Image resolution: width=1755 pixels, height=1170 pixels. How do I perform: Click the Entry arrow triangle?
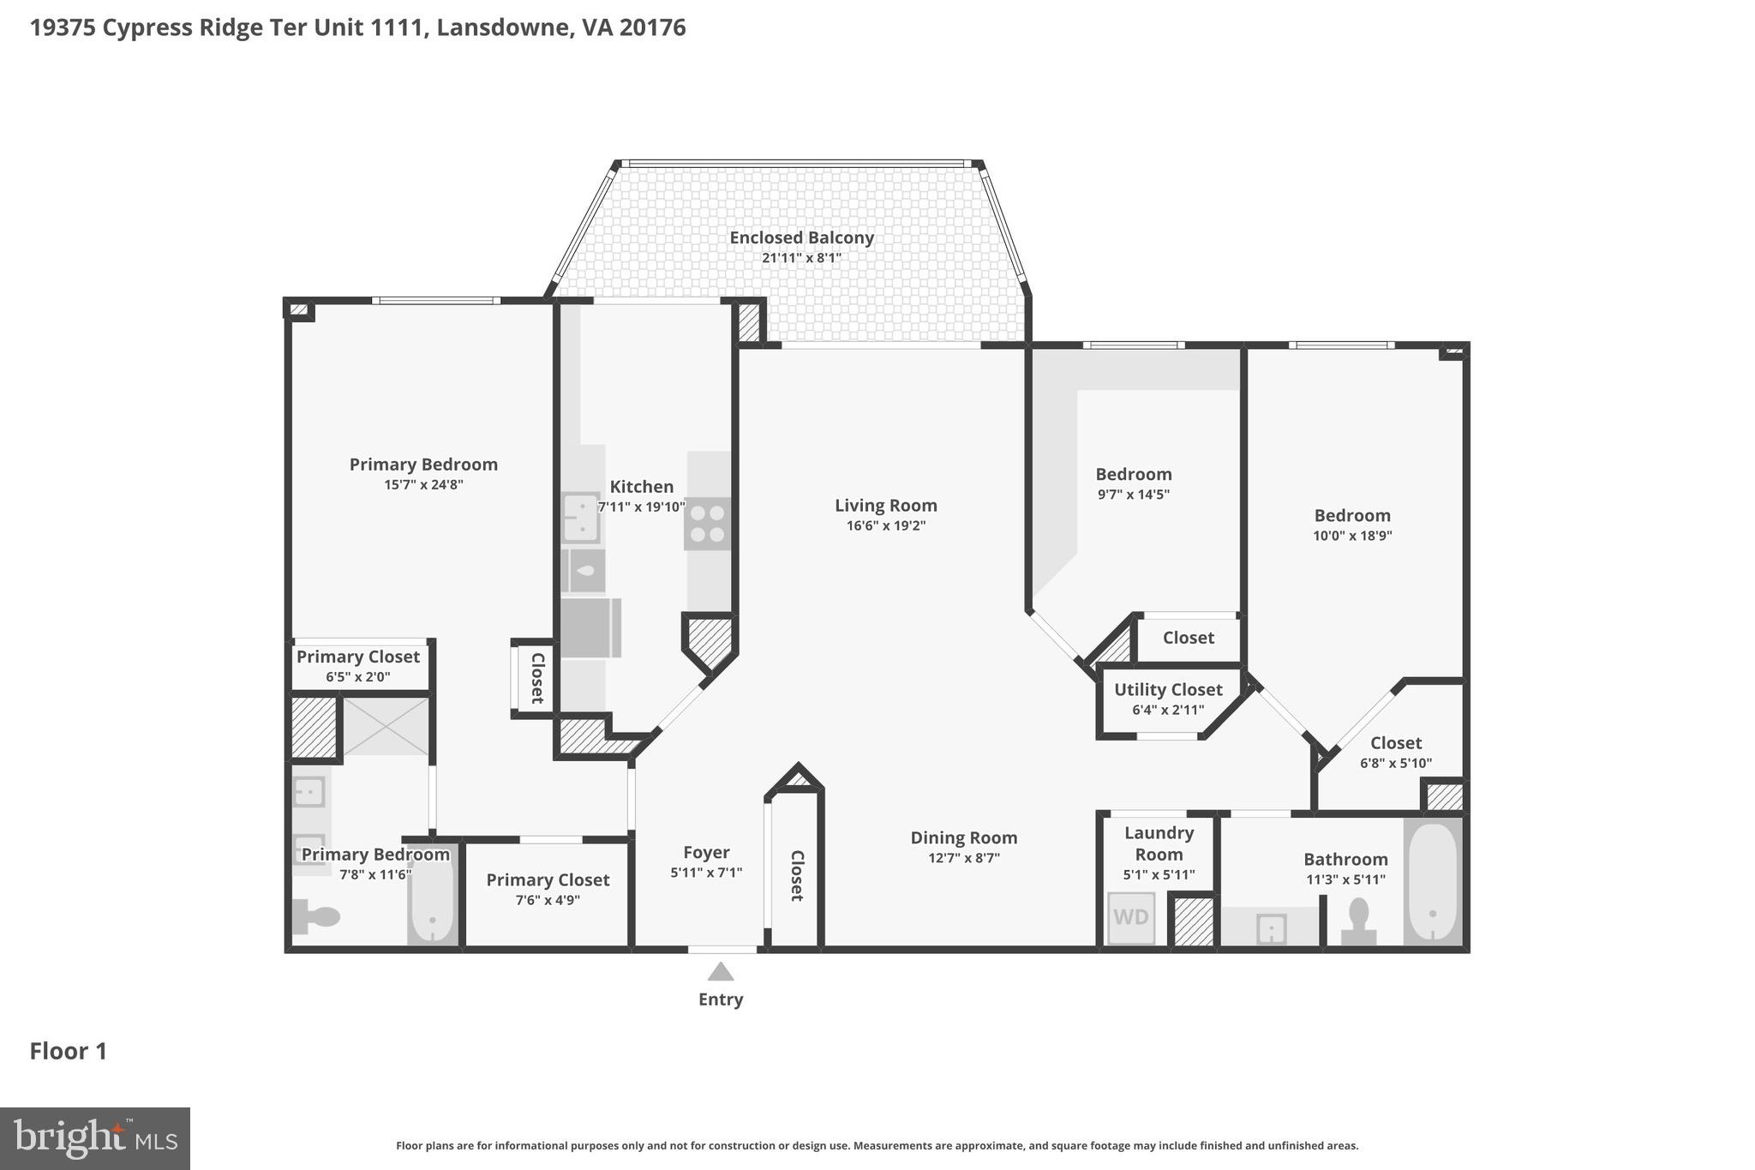click(721, 972)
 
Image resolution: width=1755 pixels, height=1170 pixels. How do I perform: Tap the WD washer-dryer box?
click(1131, 918)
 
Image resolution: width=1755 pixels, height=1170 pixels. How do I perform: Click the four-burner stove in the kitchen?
click(708, 524)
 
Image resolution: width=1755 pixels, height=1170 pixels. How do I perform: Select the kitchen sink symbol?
click(581, 518)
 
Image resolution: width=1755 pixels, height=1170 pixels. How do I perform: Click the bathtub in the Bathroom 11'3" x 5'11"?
click(1432, 883)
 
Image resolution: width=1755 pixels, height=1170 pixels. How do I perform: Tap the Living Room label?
click(886, 506)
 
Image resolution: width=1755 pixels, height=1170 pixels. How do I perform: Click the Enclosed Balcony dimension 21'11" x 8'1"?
click(801, 258)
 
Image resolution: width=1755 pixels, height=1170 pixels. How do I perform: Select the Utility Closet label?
click(1168, 690)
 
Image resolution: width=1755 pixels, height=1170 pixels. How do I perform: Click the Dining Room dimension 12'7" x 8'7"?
click(964, 858)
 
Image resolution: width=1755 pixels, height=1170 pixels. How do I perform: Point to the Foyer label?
click(706, 853)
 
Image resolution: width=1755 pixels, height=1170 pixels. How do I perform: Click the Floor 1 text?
click(69, 1052)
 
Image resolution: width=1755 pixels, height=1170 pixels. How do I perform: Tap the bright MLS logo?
click(95, 1138)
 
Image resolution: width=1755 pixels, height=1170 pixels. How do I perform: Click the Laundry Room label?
click(1159, 843)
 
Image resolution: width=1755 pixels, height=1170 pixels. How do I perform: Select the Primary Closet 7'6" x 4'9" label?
click(548, 880)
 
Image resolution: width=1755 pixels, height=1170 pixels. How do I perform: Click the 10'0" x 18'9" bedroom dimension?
click(1352, 536)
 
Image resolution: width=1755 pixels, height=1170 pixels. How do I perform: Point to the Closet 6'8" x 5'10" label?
click(1395, 743)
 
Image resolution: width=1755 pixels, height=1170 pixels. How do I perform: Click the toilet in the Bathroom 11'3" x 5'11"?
click(1359, 921)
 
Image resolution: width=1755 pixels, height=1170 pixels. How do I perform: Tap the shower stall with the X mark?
click(386, 726)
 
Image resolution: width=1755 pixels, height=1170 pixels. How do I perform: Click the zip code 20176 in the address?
click(652, 28)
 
